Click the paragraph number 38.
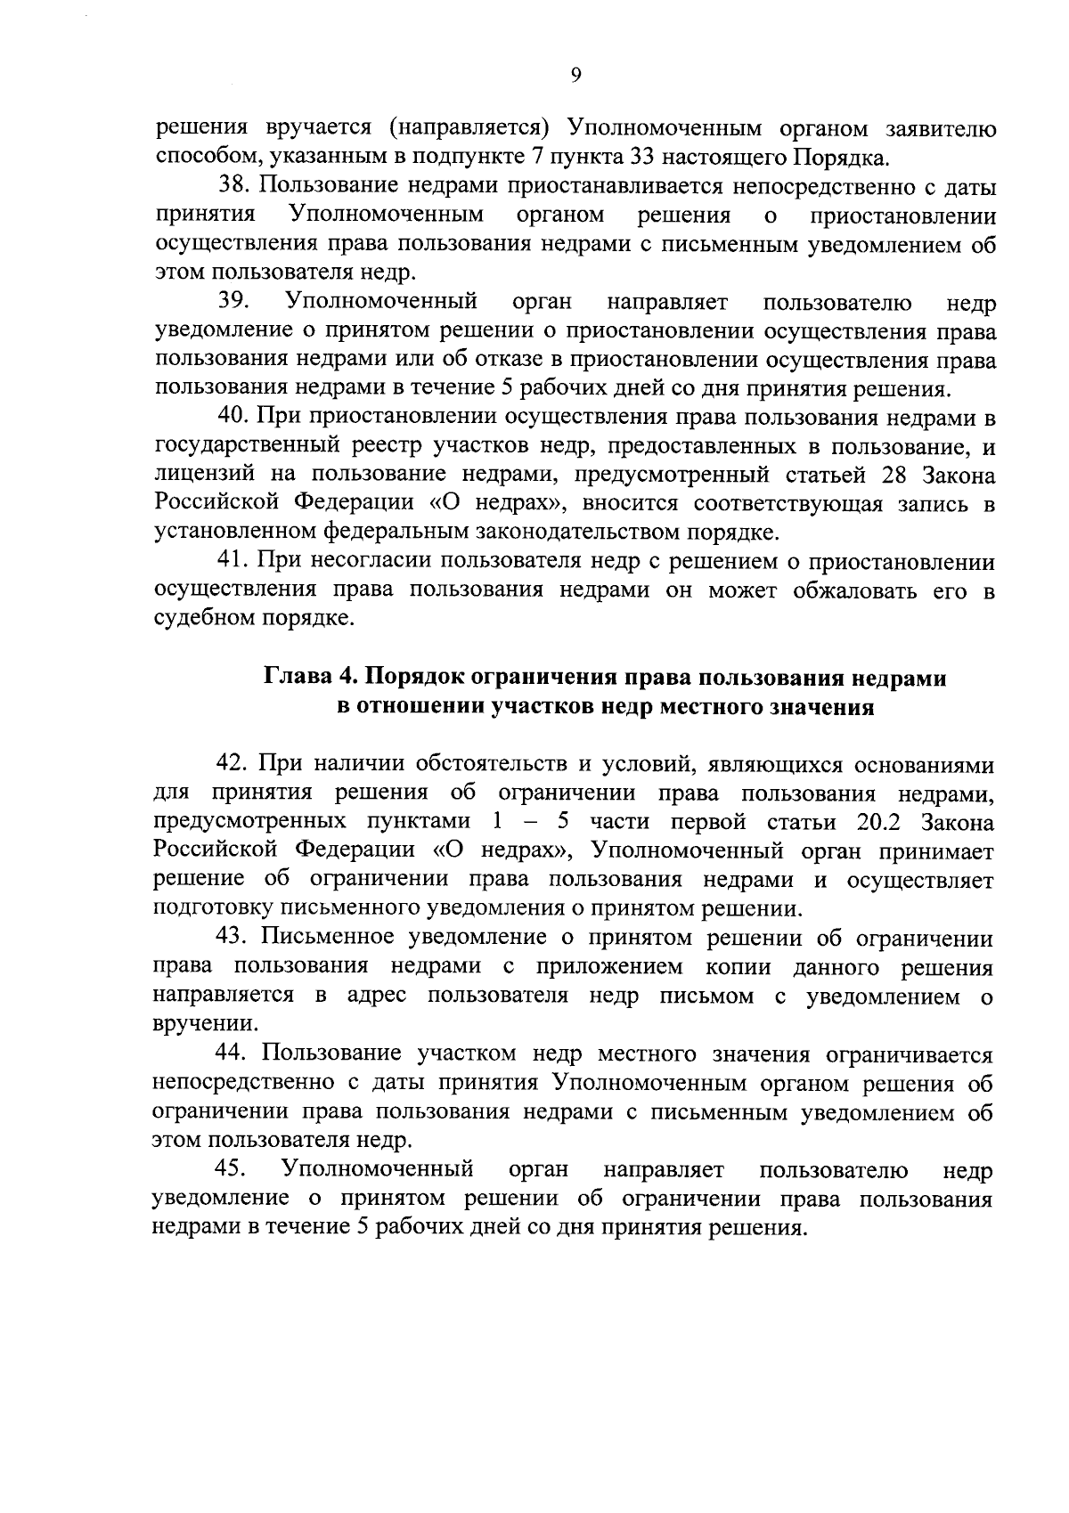(x=234, y=188)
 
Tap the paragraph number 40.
(x=234, y=417)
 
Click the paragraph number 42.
(x=234, y=764)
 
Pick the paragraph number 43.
(x=234, y=938)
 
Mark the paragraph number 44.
(x=234, y=1053)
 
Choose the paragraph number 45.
(x=234, y=1168)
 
